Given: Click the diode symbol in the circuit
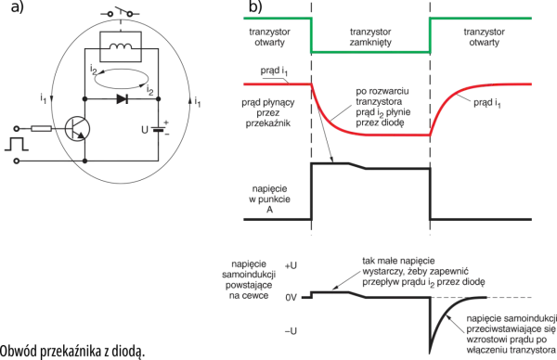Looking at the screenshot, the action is coord(122,99).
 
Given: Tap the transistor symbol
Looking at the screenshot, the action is coord(78,129).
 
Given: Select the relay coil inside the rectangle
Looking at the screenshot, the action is coord(121,46).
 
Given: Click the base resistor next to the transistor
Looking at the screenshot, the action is coord(42,129).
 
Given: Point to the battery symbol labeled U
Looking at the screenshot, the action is coord(159,129).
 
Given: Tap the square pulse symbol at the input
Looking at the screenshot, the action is coord(17,145).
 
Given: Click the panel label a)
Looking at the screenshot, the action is coord(18,6).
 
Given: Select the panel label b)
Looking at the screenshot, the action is coord(255,6).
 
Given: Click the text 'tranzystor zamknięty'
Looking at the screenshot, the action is coord(370,37).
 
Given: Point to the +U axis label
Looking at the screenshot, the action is coord(291,265).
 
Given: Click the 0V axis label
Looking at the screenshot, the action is coord(291,298).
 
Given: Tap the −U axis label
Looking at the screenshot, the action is coord(291,331).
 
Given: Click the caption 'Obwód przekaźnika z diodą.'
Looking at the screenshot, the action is coord(72,352).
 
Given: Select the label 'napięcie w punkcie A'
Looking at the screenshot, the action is coord(269,199).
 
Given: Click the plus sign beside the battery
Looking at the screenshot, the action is coord(166,122).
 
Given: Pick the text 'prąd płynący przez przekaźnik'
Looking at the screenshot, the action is coord(268,113).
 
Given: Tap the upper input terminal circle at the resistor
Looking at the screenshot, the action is coord(16,129).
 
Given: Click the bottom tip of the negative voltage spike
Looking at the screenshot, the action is coord(430,353).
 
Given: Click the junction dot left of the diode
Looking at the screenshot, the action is coord(84,99).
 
